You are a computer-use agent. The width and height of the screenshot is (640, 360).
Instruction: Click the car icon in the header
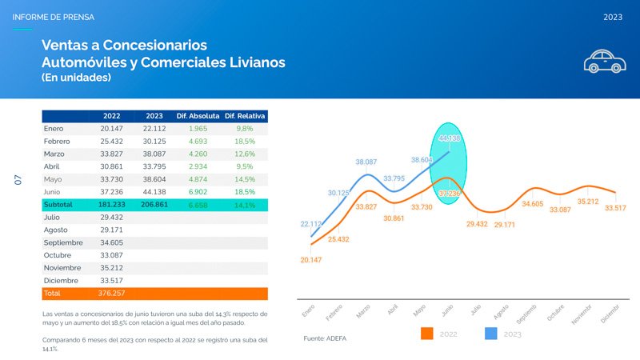coord(604,61)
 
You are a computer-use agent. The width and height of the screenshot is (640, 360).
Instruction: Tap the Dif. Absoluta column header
coord(198,115)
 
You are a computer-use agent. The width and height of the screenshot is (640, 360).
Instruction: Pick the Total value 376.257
coord(111,294)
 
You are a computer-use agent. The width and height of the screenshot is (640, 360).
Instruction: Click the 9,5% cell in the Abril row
coord(245,166)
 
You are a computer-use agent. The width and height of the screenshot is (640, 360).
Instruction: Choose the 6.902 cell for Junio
coord(198,192)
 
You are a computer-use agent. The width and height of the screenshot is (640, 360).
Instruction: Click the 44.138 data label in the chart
coord(450,138)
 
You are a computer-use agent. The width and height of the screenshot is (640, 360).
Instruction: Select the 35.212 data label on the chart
coord(589,202)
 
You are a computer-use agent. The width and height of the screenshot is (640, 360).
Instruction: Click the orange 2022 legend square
coord(427,334)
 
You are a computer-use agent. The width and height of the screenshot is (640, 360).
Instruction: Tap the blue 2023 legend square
coord(492,334)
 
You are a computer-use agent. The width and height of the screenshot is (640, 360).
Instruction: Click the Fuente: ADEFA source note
coord(325,339)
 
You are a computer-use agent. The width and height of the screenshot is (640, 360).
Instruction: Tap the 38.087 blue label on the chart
coord(366,162)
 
